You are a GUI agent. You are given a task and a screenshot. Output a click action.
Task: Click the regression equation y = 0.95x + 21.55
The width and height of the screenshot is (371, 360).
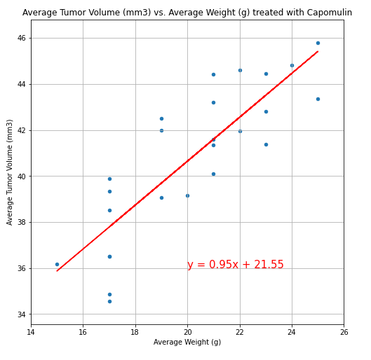pyautogui.click(x=235, y=265)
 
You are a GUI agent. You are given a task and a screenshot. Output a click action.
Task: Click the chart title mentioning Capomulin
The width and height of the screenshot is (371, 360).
pyautogui.click(x=187, y=13)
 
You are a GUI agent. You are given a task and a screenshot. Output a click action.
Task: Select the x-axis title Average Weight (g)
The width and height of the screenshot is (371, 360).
pyautogui.click(x=187, y=342)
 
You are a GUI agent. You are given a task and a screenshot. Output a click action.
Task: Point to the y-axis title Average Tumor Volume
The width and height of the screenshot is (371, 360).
pyautogui.click(x=11, y=172)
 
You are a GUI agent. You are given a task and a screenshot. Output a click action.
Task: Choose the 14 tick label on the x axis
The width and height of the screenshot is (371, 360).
pyautogui.click(x=31, y=331)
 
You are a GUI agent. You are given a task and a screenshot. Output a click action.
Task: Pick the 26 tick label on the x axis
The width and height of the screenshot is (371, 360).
pyautogui.click(x=344, y=331)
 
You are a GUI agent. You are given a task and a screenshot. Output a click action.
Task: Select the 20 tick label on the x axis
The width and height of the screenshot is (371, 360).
pyautogui.click(x=187, y=331)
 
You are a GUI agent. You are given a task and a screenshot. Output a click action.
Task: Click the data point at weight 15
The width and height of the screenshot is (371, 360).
pyautogui.click(x=57, y=264)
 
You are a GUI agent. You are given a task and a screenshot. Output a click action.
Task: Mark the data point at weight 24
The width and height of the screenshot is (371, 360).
pyautogui.click(x=292, y=65)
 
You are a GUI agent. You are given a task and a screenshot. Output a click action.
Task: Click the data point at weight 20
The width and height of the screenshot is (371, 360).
pyautogui.click(x=187, y=195)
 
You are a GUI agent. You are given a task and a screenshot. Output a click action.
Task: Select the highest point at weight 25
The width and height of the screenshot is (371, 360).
pyautogui.click(x=318, y=43)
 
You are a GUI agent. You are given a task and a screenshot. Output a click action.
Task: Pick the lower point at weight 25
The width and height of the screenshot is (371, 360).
pyautogui.click(x=318, y=99)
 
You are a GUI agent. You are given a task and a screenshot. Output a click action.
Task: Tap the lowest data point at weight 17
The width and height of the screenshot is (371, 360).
pyautogui.click(x=109, y=301)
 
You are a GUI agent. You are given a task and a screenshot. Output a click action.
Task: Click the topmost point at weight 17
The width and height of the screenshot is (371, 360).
pyautogui.click(x=109, y=179)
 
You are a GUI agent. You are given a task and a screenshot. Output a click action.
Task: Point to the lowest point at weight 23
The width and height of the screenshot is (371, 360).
pyautogui.click(x=266, y=144)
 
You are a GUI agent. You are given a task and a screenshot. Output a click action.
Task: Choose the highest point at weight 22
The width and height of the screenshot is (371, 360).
pyautogui.click(x=240, y=70)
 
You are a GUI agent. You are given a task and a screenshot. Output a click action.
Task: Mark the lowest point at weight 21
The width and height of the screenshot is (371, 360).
pyautogui.click(x=213, y=174)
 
